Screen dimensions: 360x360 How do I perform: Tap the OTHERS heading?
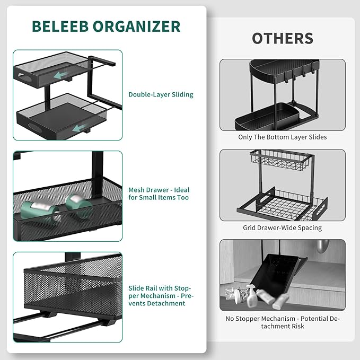click(x=282, y=39)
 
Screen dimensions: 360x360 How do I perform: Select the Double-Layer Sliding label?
click(x=161, y=95)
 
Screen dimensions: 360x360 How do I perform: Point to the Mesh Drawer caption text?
click(x=159, y=194)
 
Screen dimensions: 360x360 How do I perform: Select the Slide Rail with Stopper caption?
click(x=159, y=295)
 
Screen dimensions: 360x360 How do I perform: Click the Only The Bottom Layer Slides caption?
click(x=282, y=137)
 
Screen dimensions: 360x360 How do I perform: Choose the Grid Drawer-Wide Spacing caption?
click(x=282, y=228)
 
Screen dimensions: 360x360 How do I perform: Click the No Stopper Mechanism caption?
click(x=282, y=322)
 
